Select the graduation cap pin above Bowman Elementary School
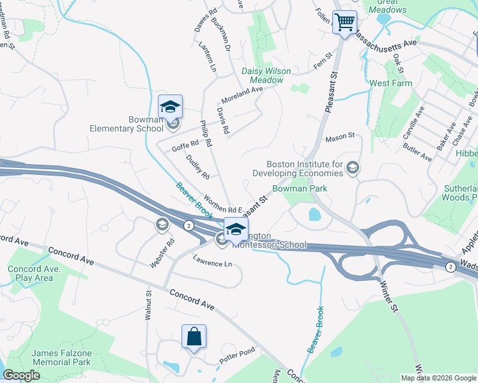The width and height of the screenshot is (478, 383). pos(171,107)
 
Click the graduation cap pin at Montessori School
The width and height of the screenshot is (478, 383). pos(236,229)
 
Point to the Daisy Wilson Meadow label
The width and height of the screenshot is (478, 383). pos(266,75)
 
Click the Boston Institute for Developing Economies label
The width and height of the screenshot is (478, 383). pos(305,169)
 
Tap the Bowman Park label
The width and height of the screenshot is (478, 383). pos(300,188)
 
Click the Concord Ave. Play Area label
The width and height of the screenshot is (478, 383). pos(30,273)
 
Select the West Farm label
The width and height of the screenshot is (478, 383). pos(390,84)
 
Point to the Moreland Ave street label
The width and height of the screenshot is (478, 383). pos(242,94)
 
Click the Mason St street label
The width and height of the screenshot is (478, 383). pos(339,137)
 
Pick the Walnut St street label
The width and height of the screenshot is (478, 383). pos(148,304)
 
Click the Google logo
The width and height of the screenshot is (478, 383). pos(22,375)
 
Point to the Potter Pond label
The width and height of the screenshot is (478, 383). pos(238,352)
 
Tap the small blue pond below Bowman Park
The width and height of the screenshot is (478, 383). pos(314,214)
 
